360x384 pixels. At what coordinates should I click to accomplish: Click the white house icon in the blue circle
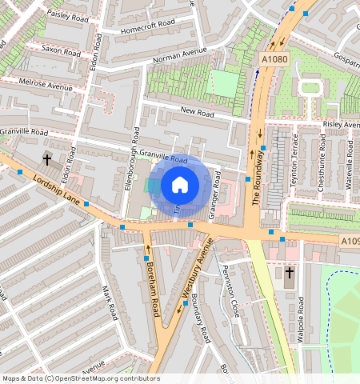click(x=180, y=185)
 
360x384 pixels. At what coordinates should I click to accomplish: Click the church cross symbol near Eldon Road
click(x=46, y=160)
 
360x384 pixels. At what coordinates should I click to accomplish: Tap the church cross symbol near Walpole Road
click(x=289, y=274)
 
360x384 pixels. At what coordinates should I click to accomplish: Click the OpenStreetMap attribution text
click(x=81, y=378)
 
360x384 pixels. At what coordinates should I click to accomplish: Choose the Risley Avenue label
click(x=342, y=126)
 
